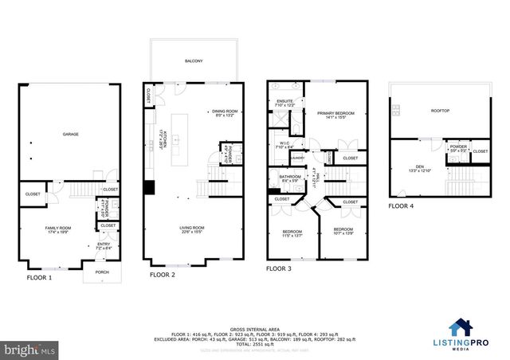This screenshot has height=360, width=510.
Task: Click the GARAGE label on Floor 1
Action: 71,135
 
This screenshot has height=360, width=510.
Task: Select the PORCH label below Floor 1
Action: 102,272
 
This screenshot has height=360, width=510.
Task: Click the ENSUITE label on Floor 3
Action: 285,101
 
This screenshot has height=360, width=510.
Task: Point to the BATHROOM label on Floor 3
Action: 290,177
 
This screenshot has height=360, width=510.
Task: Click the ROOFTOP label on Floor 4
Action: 441,112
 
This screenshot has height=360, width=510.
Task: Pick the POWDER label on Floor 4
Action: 458,147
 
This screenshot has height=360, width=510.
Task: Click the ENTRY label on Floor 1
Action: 104,245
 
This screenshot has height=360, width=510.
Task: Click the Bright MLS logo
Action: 30,349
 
